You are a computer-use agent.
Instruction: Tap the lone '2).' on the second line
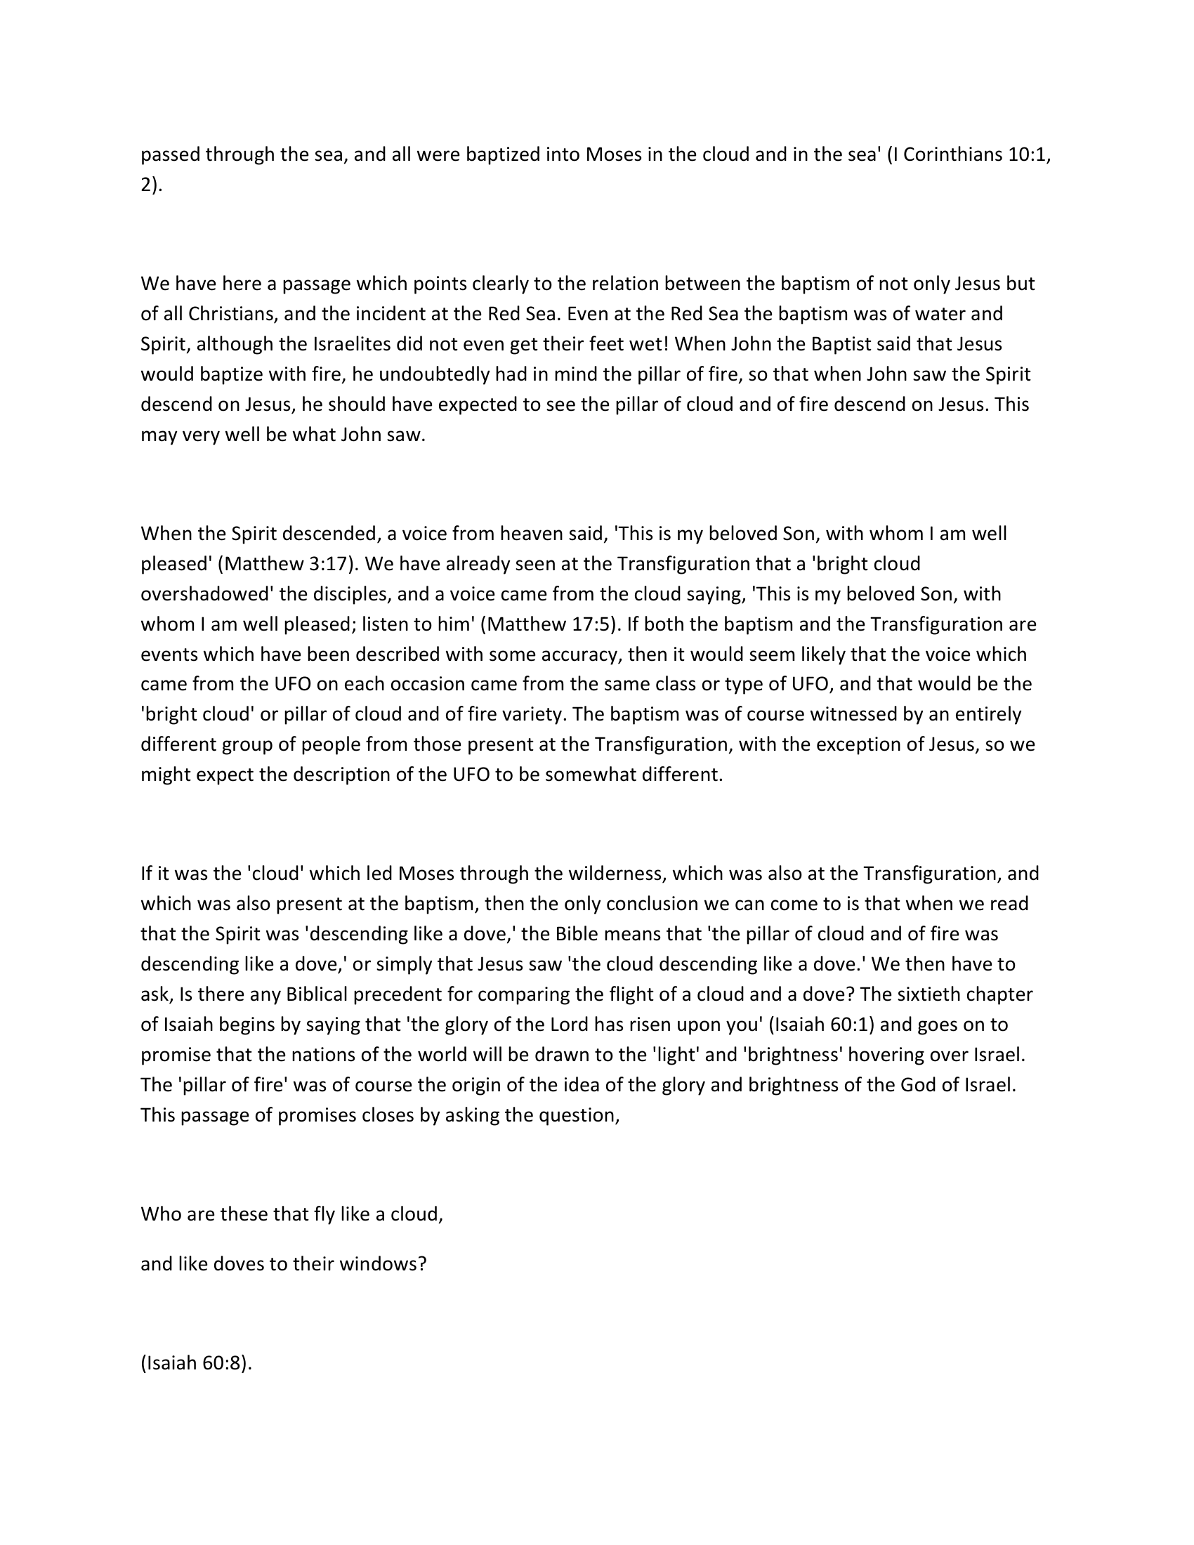152,185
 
